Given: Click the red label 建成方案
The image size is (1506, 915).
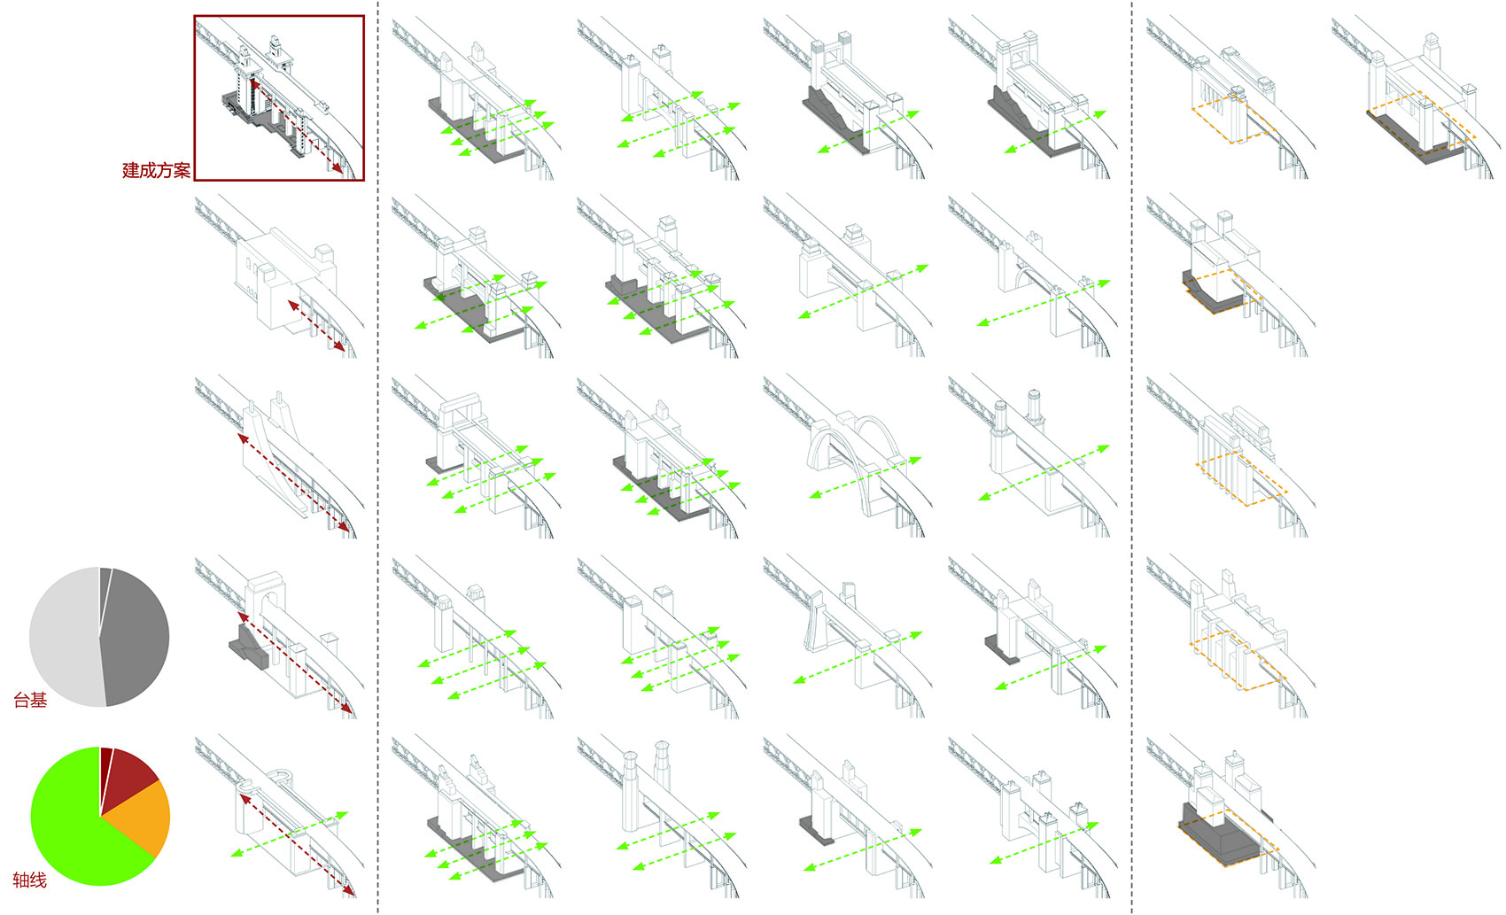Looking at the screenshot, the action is pyautogui.click(x=156, y=171).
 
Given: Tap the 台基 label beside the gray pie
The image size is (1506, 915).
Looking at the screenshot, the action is pyautogui.click(x=30, y=701).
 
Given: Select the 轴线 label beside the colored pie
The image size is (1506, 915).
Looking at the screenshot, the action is pyautogui.click(x=30, y=880).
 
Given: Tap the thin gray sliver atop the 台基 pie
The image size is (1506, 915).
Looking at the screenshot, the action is pyautogui.click(x=105, y=585).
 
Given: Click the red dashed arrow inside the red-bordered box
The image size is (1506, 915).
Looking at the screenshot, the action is pyautogui.click(x=297, y=128).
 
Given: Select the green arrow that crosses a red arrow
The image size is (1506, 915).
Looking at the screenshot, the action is pyautogui.click(x=289, y=834).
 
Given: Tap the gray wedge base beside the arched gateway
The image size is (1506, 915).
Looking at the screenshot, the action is pyautogui.click(x=250, y=647).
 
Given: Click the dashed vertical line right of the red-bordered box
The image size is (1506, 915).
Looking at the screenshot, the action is pyautogui.click(x=378, y=457).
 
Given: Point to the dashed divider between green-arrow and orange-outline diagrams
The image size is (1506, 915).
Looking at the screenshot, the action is pyautogui.click(x=1132, y=457).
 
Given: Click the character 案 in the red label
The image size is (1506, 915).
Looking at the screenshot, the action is pyautogui.click(x=182, y=171).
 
